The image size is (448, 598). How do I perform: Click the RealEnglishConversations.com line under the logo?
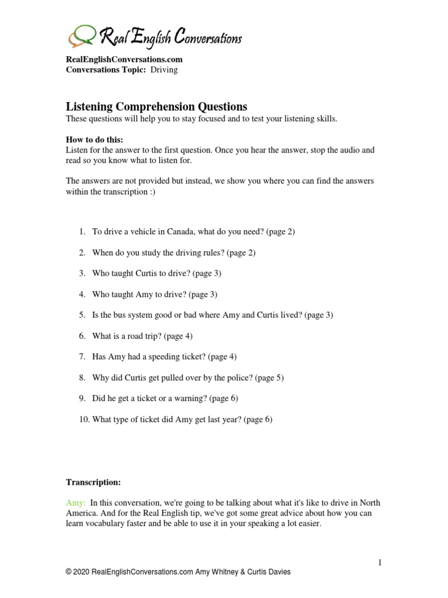pyautogui.click(x=124, y=59)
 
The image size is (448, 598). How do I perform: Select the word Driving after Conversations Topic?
pyautogui.click(x=164, y=69)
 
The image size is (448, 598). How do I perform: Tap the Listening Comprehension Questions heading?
pyautogui.click(x=156, y=106)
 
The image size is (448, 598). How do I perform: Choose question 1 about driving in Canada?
pyautogui.click(x=193, y=231)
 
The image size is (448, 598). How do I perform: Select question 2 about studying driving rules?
pyautogui.click(x=173, y=252)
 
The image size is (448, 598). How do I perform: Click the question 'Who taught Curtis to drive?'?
pyautogui.click(x=156, y=273)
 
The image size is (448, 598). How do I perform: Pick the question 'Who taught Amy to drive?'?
pyautogui.click(x=154, y=294)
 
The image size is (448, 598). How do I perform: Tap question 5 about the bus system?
pyautogui.click(x=212, y=315)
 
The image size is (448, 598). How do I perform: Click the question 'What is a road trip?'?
pyautogui.click(x=142, y=336)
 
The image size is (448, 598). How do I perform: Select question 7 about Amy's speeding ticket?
pyautogui.click(x=164, y=356)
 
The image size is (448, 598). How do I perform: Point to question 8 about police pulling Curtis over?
pyautogui.click(x=187, y=377)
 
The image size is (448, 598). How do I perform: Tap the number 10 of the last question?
pyautogui.click(x=83, y=419)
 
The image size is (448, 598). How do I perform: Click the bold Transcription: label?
pyautogui.click(x=93, y=482)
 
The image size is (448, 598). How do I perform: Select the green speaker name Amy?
pyautogui.click(x=76, y=503)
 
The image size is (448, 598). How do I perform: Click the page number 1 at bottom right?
pyautogui.click(x=380, y=562)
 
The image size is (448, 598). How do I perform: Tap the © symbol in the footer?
pyautogui.click(x=69, y=572)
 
